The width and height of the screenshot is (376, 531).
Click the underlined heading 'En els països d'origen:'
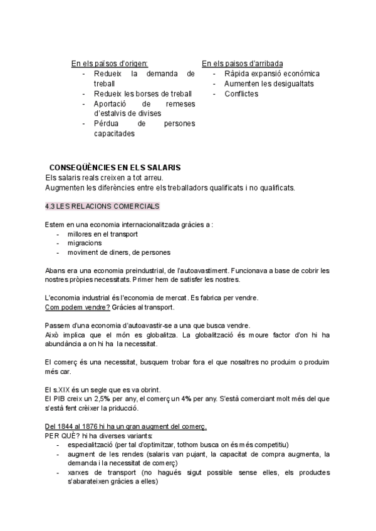click(110, 64)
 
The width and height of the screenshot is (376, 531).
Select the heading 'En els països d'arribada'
click(242, 64)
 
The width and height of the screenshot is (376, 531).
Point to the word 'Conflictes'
click(241, 94)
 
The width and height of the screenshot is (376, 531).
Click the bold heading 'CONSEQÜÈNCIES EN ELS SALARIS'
click(115, 168)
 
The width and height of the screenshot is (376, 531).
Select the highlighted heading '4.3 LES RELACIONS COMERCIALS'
click(102, 206)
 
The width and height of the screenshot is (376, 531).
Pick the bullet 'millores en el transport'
click(102, 234)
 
